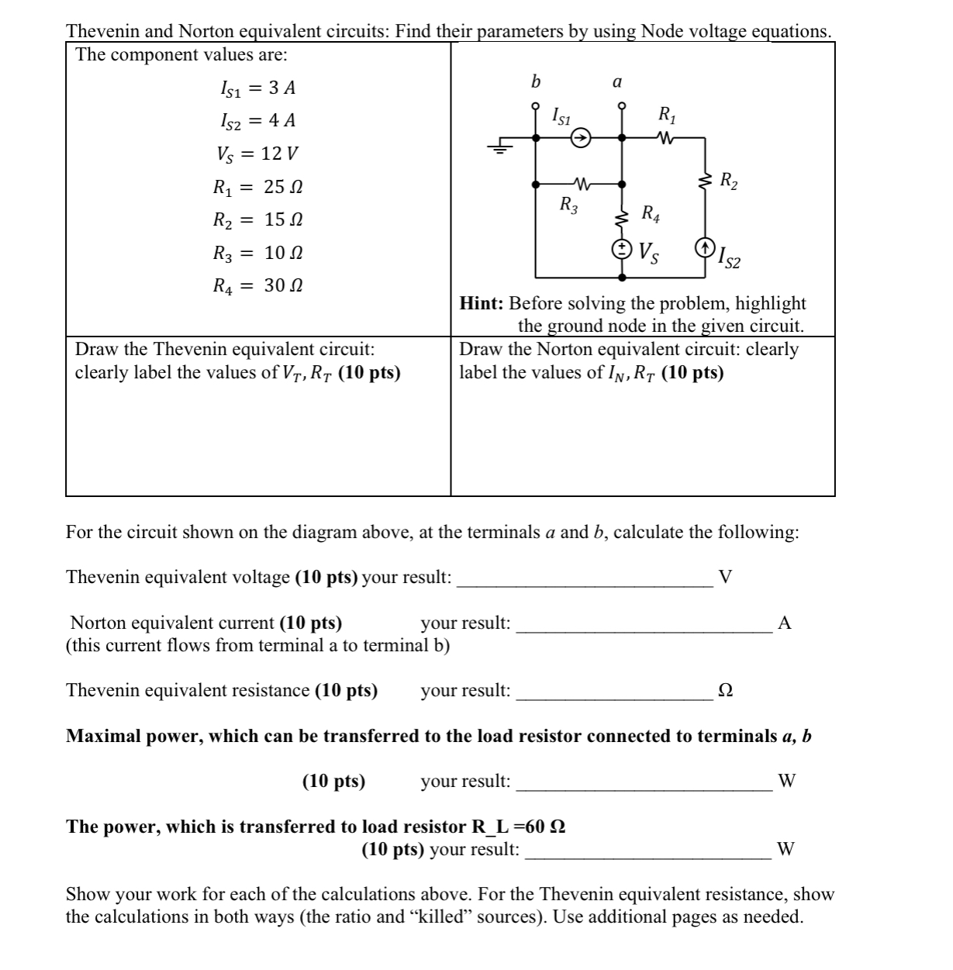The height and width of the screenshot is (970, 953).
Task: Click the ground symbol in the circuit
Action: click(501, 147)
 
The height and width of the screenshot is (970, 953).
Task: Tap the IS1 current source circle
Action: click(580, 138)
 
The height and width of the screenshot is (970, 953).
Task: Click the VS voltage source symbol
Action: click(622, 249)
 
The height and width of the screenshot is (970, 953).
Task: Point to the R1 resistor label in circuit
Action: click(666, 116)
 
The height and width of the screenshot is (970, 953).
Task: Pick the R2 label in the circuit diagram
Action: click(729, 182)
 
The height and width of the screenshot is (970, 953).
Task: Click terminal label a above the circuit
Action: click(617, 81)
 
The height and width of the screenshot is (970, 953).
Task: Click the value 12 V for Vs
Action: click(280, 154)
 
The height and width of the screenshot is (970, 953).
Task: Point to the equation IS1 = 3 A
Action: click(257, 88)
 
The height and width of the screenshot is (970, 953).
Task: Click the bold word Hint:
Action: click(482, 303)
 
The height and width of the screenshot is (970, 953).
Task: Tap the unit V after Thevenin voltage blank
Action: click(725, 577)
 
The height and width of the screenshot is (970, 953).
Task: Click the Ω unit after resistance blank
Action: click(725, 691)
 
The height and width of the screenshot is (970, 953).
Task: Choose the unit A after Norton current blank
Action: click(784, 623)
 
